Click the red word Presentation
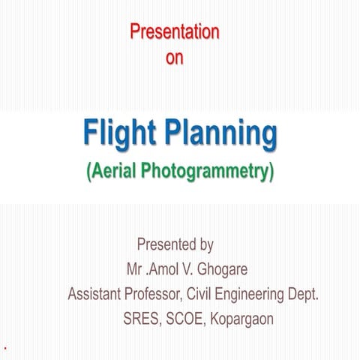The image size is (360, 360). [x=174, y=31]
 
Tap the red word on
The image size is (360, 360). [x=174, y=57]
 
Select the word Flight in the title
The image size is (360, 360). [x=120, y=136]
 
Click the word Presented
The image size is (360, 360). [x=167, y=244]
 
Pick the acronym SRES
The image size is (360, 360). [x=142, y=319]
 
